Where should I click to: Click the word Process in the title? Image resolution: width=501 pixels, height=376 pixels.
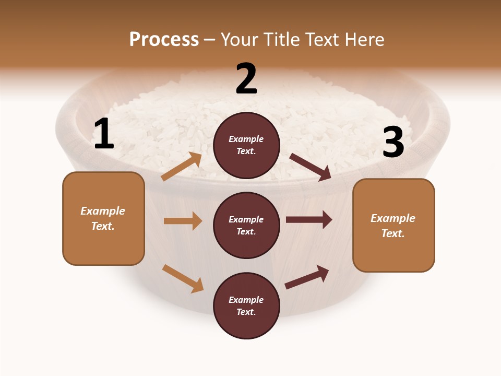[164, 40]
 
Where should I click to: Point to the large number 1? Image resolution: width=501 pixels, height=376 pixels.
[104, 134]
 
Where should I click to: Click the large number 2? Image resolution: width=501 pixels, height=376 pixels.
[246, 79]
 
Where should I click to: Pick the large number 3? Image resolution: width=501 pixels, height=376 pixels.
[393, 143]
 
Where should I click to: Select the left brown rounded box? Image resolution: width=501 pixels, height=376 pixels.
[103, 218]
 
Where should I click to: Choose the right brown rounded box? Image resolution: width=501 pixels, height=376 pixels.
[393, 226]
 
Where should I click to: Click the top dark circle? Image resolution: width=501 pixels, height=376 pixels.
[246, 145]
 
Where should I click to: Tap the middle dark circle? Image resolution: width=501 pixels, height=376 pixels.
[246, 226]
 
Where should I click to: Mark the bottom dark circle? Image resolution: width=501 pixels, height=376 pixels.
[246, 306]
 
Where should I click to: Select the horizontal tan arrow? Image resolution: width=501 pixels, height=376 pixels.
[183, 221]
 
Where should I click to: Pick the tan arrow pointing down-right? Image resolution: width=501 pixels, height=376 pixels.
[183, 278]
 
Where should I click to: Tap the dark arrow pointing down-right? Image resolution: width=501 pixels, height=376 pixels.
[311, 167]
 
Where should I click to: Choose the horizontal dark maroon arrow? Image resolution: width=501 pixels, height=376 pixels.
[309, 220]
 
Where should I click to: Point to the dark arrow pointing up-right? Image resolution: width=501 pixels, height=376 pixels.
[307, 277]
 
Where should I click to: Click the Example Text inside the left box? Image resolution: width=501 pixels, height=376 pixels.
[103, 218]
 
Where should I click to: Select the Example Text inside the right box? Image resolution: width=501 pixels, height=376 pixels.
[393, 226]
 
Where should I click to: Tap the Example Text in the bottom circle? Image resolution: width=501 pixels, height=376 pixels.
[246, 306]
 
